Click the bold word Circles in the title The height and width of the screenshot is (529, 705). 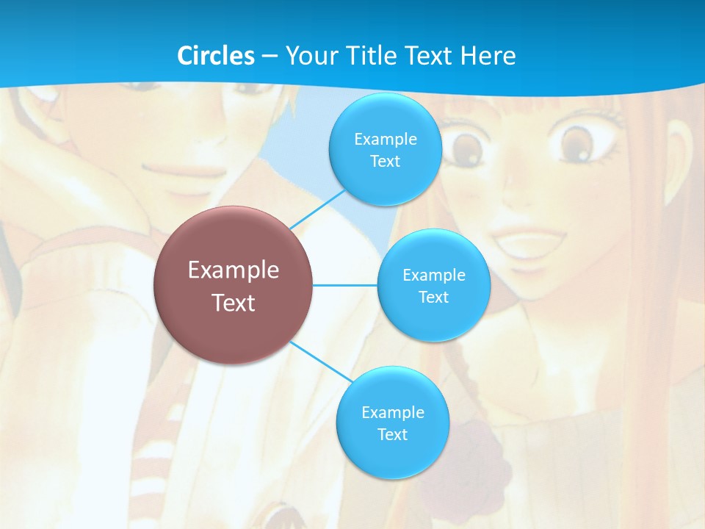click(216, 56)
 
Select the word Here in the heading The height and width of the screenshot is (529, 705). click(488, 56)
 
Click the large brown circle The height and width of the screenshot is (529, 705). click(234, 285)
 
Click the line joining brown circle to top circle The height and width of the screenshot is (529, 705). click(317, 209)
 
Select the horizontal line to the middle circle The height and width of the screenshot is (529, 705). click(344, 285)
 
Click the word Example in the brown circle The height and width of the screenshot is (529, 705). click(234, 270)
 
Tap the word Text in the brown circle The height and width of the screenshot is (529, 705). click(234, 303)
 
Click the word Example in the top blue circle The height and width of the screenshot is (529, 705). click(386, 139)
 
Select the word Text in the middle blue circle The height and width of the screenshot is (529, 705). click(433, 297)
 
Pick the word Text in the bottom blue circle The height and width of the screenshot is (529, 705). click(392, 434)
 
